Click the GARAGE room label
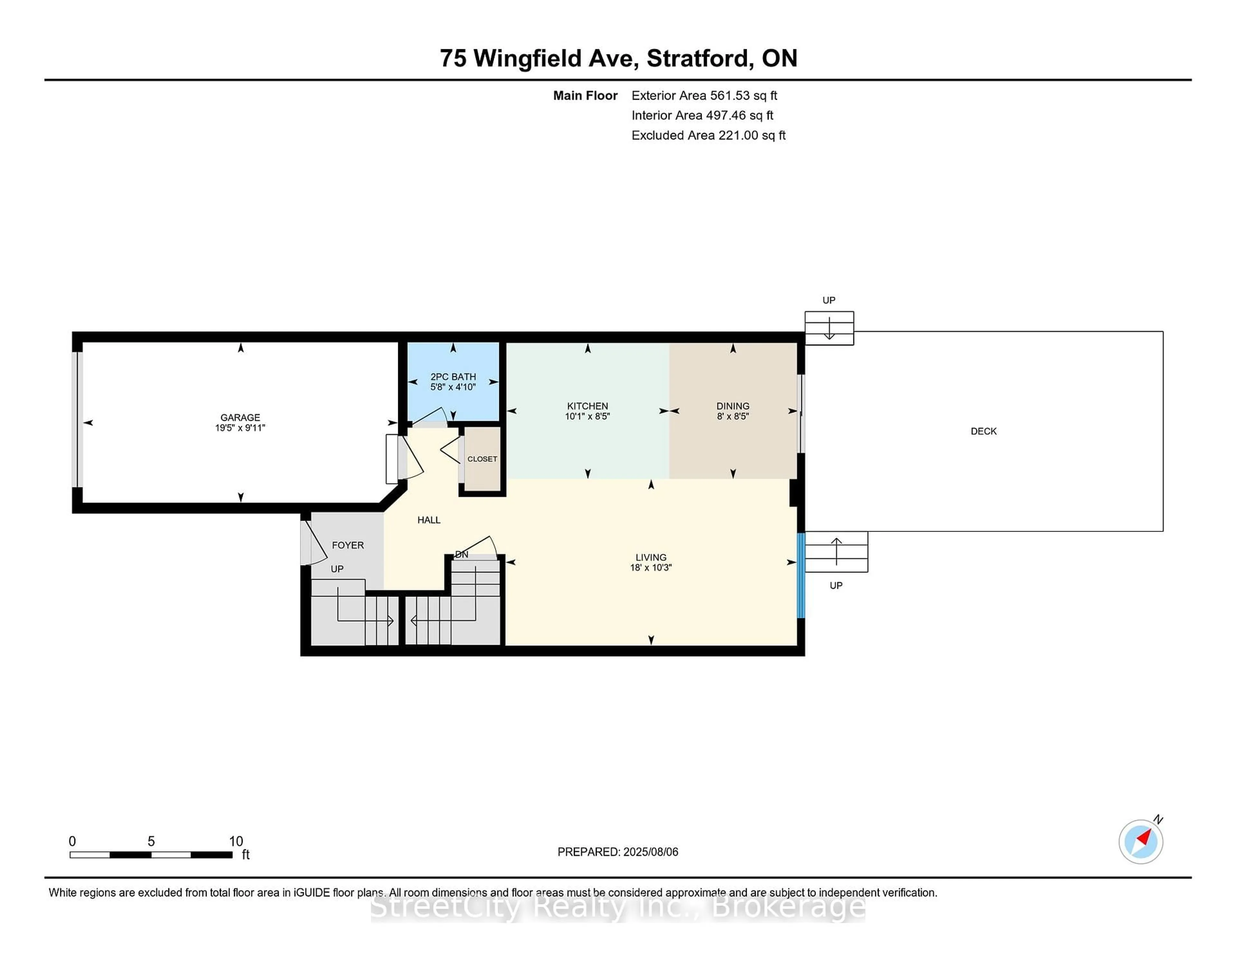pyautogui.click(x=240, y=418)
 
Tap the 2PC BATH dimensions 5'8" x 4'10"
pyautogui.click(x=453, y=387)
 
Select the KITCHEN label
pyautogui.click(x=587, y=406)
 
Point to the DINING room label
pyautogui.click(x=733, y=406)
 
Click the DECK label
pyautogui.click(x=984, y=431)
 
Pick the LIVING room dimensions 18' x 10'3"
pyautogui.click(x=651, y=568)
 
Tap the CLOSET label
pyautogui.click(x=482, y=459)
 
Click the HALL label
pyautogui.click(x=429, y=520)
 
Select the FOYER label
pyautogui.click(x=348, y=545)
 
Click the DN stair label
pyautogui.click(x=462, y=554)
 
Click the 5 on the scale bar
pyautogui.click(x=151, y=841)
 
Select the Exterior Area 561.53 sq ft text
pyautogui.click(x=705, y=96)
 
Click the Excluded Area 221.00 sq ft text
pyautogui.click(x=708, y=135)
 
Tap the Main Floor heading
pyautogui.click(x=585, y=96)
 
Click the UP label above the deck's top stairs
pyautogui.click(x=829, y=301)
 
